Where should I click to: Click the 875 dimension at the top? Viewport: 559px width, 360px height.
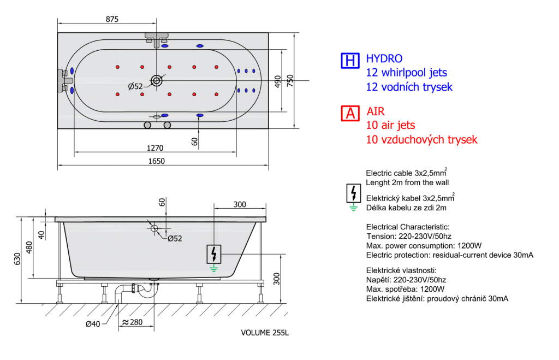point(111,19)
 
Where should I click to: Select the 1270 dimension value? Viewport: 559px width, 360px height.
point(155,147)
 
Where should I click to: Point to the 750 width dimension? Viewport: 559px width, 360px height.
point(291,81)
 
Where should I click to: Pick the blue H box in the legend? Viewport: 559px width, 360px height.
point(349,60)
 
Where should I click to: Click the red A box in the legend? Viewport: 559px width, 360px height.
point(349,113)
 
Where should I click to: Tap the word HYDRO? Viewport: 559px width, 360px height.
point(384,58)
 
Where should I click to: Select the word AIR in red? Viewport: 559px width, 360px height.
point(376,111)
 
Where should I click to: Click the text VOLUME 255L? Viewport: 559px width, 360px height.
point(265,332)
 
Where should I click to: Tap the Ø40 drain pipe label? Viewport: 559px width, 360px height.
point(93,324)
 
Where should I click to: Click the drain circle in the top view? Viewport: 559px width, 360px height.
point(157,81)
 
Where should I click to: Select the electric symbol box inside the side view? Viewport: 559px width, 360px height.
point(214,253)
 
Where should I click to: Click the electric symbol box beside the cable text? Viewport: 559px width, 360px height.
point(353,192)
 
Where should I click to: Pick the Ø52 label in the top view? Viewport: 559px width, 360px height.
point(135,86)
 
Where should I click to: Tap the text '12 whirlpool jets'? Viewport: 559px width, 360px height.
point(406,72)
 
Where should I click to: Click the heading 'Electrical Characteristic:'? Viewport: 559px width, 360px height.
point(407,227)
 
